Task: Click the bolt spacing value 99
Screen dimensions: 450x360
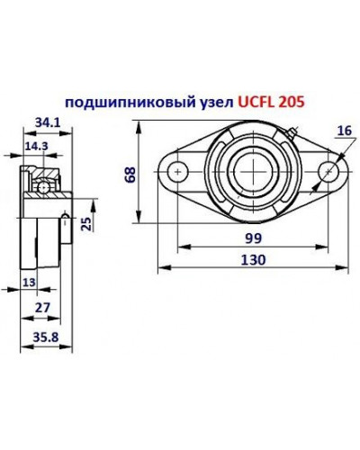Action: (254, 238)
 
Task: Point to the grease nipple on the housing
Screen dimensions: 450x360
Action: (294, 136)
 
